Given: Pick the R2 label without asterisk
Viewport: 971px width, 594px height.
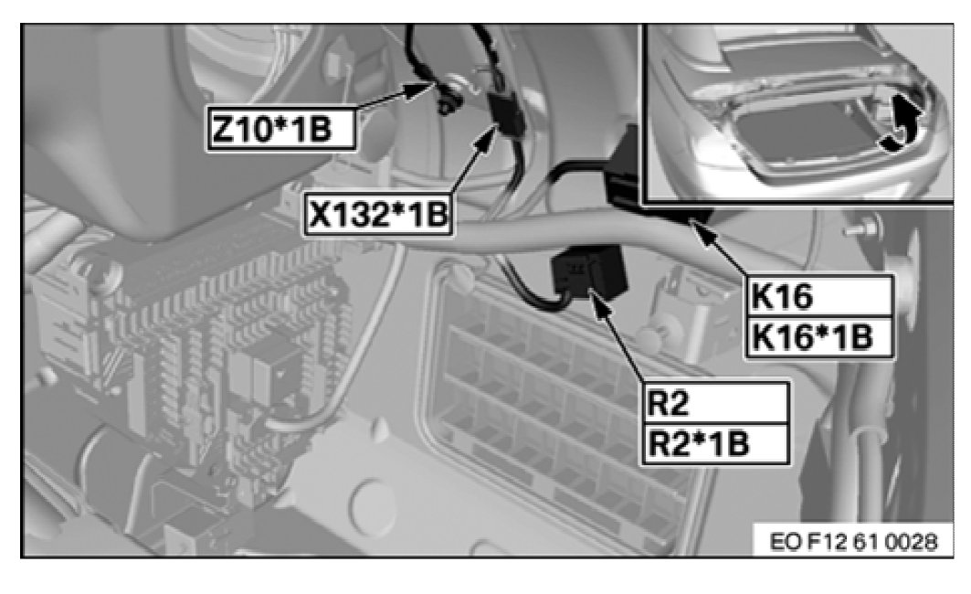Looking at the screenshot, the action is pos(715,401).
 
